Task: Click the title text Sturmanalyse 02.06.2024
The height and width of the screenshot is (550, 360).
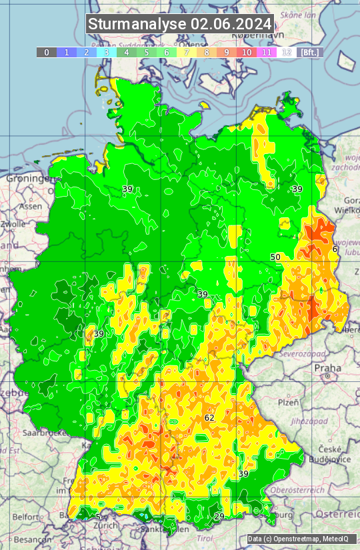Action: click(180, 25)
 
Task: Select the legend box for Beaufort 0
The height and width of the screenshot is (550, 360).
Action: click(47, 52)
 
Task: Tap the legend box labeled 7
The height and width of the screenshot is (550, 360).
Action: click(187, 52)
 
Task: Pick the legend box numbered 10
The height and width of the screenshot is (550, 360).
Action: click(247, 52)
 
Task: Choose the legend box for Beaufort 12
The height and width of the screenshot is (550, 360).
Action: click(287, 52)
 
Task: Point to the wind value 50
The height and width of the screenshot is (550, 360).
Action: click(275, 257)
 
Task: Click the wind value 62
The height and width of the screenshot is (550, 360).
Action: click(209, 417)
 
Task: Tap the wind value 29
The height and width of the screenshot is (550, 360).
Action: click(219, 516)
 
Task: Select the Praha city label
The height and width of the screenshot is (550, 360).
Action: click(327, 368)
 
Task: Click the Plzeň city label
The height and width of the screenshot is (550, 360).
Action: click(288, 403)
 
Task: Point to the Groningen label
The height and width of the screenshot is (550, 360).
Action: click(29, 179)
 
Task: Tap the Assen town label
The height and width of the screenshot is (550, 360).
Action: click(30, 207)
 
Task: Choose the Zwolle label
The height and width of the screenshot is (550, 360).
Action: click(13, 224)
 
